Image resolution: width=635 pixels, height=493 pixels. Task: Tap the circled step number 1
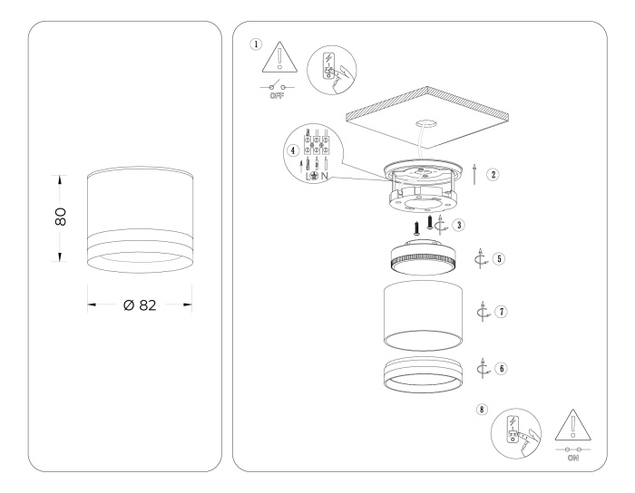[256, 43]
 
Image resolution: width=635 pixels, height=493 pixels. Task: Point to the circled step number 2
[493, 174]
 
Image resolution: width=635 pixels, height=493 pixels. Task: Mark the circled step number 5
[498, 258]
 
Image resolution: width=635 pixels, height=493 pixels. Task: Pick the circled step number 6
[500, 369]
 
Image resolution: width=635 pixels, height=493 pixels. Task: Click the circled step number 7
[501, 311]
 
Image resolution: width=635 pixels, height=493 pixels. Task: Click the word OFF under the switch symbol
[279, 93]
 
